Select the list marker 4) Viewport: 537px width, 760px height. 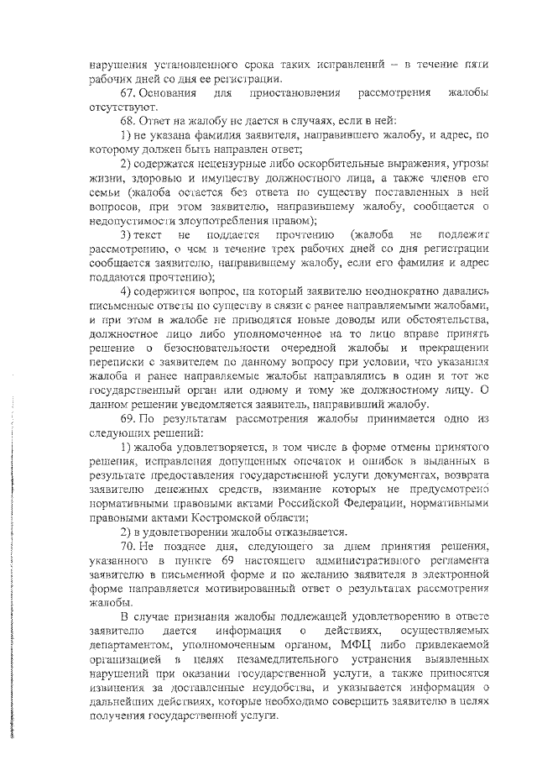[x=127, y=291]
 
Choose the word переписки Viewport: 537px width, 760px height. [x=119, y=363]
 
